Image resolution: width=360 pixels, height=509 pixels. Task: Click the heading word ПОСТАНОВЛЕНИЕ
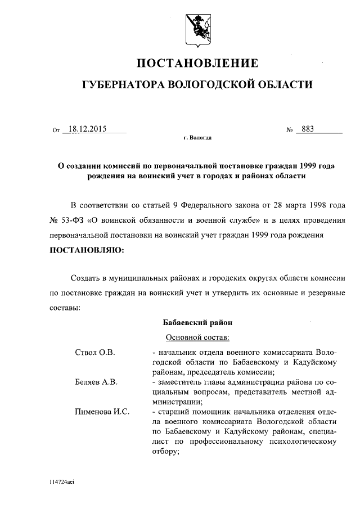(x=197, y=62)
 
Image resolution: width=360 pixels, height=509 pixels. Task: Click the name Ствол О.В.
(x=94, y=352)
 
